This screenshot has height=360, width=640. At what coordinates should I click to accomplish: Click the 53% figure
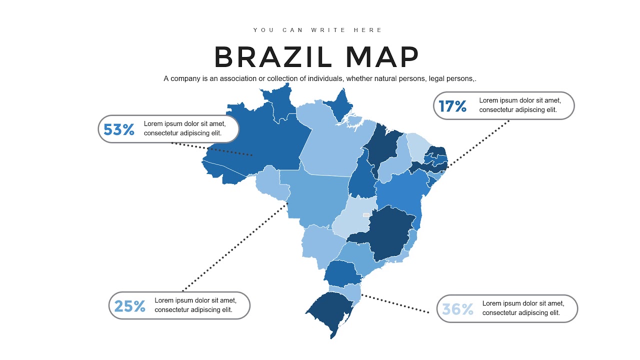click(x=119, y=129)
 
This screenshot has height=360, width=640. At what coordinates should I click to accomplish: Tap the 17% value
click(x=452, y=106)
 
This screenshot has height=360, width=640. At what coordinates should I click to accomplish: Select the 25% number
click(x=130, y=306)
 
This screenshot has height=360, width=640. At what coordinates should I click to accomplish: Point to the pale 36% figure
click(x=457, y=309)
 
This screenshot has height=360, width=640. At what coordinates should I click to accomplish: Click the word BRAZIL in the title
click(x=273, y=57)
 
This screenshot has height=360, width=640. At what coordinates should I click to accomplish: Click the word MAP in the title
click(x=382, y=57)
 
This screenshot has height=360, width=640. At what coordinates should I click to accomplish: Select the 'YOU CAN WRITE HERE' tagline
click(x=317, y=30)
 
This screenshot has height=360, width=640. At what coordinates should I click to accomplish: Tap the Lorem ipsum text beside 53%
click(x=184, y=128)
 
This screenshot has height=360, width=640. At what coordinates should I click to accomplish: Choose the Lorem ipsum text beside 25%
click(x=195, y=305)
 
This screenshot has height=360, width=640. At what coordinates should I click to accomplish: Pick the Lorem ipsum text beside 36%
click(x=523, y=308)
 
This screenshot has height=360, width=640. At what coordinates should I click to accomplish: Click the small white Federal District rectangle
click(x=366, y=215)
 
